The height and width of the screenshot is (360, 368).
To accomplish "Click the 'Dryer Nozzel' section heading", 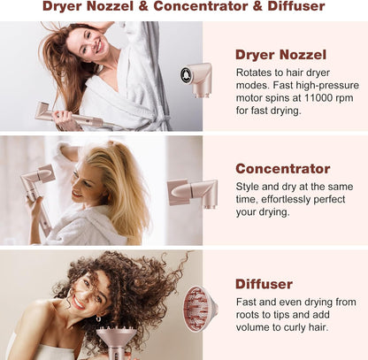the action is [x=280, y=55].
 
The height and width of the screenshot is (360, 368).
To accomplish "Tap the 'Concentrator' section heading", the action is [x=283, y=169].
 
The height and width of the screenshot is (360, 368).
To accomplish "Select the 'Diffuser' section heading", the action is [x=264, y=284].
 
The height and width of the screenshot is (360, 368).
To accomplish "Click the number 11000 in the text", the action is [x=318, y=97].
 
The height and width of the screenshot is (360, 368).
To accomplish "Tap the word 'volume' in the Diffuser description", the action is [x=253, y=327].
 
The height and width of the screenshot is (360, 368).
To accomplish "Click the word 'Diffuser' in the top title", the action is [x=296, y=6].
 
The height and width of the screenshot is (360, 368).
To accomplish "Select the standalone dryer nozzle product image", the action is [x=196, y=80].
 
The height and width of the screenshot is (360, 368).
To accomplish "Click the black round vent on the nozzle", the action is [x=187, y=75].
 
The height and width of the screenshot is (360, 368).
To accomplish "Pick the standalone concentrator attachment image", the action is [x=193, y=193].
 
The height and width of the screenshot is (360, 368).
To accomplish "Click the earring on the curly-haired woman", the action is [x=98, y=318].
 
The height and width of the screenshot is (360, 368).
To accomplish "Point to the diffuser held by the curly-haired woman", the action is [x=117, y=341].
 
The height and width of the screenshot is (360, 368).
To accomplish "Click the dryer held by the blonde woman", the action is [x=38, y=195].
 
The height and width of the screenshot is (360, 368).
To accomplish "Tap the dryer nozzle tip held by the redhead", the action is [x=43, y=110].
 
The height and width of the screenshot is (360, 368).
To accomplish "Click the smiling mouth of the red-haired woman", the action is [x=99, y=47].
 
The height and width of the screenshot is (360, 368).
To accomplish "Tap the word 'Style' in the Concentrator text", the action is [x=247, y=187].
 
